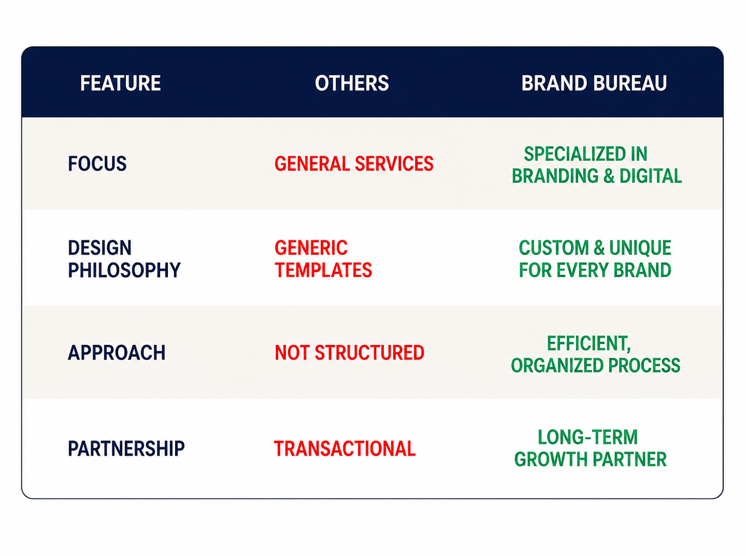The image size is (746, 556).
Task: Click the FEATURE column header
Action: tap(121, 83)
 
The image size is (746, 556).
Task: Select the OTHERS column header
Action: tap(352, 83)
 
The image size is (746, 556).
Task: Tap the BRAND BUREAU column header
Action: tap(594, 83)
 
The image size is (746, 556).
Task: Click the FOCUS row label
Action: tap(97, 164)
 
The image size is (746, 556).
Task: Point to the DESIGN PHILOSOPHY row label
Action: tap(124, 259)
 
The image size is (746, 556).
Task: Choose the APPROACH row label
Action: tap(117, 353)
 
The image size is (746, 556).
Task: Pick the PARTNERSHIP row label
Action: tap(126, 449)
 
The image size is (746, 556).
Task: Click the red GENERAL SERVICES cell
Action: tap(354, 164)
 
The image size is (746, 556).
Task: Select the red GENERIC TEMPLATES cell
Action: tap(323, 259)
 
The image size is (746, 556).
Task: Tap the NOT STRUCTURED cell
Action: tap(350, 353)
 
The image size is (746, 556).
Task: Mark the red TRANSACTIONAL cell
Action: tap(345, 449)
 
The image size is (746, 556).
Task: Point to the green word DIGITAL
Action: tap(651, 176)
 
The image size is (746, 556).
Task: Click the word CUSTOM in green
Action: tap(553, 248)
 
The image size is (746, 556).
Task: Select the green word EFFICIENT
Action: tap(588, 343)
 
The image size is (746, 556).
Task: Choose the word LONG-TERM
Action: tap(587, 437)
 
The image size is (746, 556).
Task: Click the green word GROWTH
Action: tap(551, 459)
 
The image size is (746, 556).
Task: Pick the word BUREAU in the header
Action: tap(630, 83)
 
